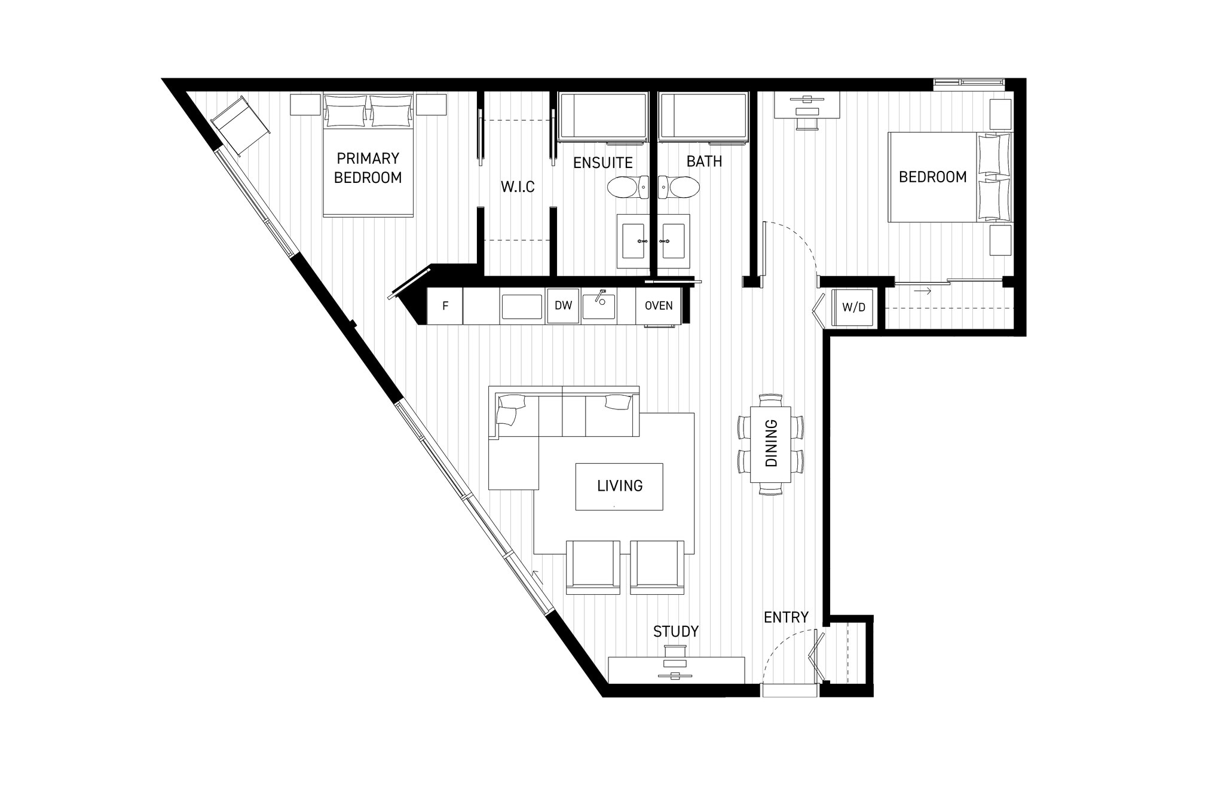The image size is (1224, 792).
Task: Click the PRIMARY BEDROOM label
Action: click(368, 168)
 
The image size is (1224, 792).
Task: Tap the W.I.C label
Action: click(518, 187)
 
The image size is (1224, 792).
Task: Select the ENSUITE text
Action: click(602, 163)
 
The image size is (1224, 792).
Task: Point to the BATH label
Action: click(704, 161)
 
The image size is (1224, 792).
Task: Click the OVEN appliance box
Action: click(659, 305)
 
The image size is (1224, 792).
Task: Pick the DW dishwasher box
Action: click(563, 305)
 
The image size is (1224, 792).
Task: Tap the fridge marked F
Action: click(445, 306)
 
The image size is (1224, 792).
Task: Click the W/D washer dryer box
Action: click(853, 308)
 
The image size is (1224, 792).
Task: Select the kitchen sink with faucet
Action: click(599, 305)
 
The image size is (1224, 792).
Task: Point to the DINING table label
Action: click(771, 443)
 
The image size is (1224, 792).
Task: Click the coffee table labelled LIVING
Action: click(619, 486)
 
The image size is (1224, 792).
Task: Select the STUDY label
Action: click(676, 631)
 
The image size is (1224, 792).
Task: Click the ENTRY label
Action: click(786, 617)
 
